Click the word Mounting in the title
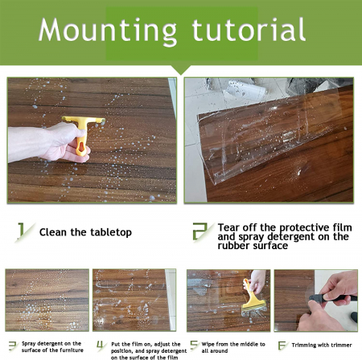[108, 31]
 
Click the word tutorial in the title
[249, 29]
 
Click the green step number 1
[21, 231]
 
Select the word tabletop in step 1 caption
[110, 232]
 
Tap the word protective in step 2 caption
[304, 228]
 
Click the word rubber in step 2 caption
[232, 246]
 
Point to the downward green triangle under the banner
[181, 69]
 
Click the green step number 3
[13, 346]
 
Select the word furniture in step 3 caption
[72, 350]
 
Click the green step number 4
[101, 345]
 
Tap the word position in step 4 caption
[122, 351]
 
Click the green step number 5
[194, 346]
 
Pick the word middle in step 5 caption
[244, 344]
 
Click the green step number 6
[282, 346]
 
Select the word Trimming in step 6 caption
[303, 346]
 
